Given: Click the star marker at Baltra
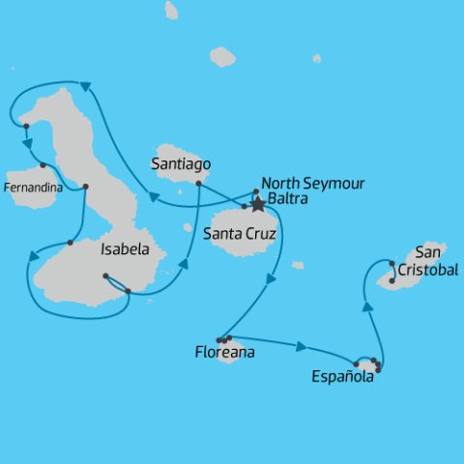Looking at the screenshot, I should coord(258,205).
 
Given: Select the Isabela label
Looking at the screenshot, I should coord(125,249).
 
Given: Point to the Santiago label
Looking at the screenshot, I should coord(181,164).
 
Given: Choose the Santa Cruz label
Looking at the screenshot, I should coord(241,233).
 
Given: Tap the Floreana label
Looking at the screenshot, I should coord(224,353).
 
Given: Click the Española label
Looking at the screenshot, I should coord(342,378).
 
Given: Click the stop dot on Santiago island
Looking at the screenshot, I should coord(198,183).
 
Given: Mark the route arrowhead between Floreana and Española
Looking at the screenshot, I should coord(303,346).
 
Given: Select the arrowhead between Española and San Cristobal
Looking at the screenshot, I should coord(367,306).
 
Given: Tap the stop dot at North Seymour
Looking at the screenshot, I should coord(255,191).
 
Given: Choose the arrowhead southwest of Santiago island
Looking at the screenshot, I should coord(154,198).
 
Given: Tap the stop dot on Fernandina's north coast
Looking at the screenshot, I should coord(43,164).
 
